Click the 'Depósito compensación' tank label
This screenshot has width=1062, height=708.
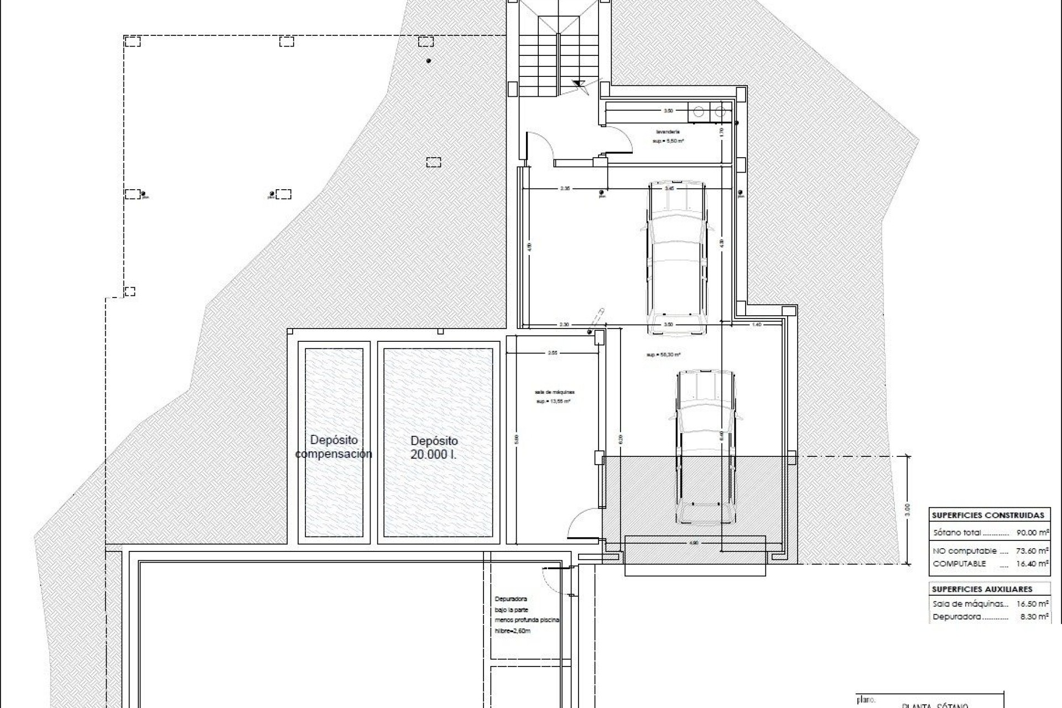pyautogui.click(x=334, y=447)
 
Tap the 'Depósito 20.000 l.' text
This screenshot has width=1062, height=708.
pyautogui.click(x=434, y=447)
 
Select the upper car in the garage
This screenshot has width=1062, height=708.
pyautogui.click(x=677, y=257)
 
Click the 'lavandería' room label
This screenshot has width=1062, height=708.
pyautogui.click(x=668, y=132)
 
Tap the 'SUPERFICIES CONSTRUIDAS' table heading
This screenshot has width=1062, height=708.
pyautogui.click(x=988, y=515)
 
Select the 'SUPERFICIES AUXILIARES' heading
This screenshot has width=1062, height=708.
pyautogui.click(x=982, y=590)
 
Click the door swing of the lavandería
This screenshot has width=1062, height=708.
pyautogui.click(x=618, y=139)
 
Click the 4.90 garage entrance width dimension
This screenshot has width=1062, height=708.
pyautogui.click(x=695, y=543)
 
